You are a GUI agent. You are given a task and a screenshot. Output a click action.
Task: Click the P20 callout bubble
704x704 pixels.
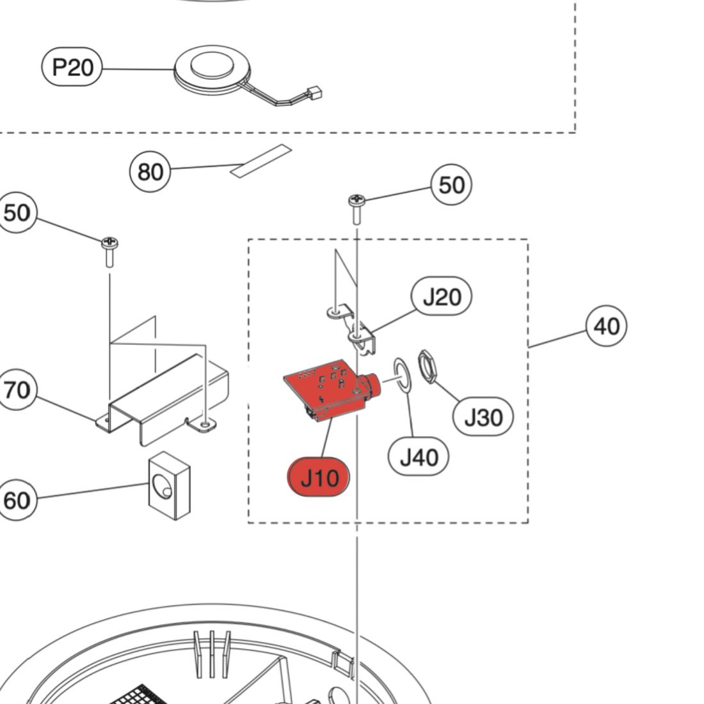coord(72,67)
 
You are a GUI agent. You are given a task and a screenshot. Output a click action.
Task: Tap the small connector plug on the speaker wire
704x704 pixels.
coord(315,93)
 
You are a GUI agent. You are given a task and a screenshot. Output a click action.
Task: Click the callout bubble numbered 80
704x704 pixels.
coord(150,172)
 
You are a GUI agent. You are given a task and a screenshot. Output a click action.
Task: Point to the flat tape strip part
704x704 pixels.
coord(261,161)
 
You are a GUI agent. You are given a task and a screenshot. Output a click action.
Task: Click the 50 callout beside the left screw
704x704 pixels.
coord(17,212)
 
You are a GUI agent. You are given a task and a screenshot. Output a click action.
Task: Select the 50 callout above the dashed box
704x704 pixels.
coord(451,184)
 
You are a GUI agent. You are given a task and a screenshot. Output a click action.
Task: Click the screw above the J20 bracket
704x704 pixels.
coord(356,206)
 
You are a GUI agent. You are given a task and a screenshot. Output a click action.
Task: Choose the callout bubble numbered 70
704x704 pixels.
coord(17,389)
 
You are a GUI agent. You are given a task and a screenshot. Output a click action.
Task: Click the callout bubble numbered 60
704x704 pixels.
coord(17,499)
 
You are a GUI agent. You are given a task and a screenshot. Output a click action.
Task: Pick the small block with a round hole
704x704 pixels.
coord(169,484)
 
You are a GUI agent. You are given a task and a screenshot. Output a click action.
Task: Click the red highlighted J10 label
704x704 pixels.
coord(319,477)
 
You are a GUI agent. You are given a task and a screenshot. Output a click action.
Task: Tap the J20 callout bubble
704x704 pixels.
coord(442,297)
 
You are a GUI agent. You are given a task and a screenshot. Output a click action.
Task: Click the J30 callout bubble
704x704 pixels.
coord(483,417)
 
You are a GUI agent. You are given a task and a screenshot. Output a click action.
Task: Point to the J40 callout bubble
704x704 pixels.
coord(419,457)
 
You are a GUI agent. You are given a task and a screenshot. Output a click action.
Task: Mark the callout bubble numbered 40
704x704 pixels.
coord(606,326)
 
